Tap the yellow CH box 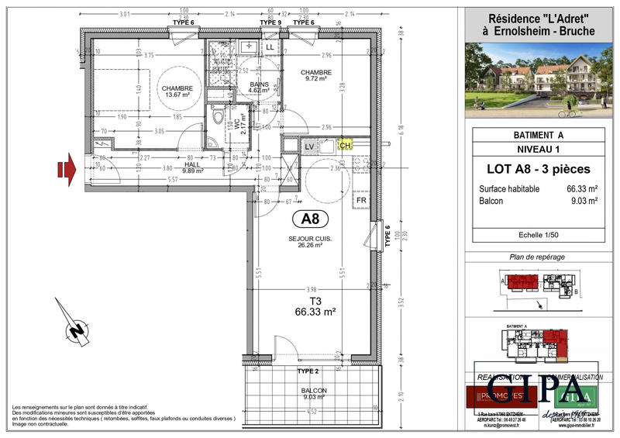click(x=346, y=145)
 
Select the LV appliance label click(x=309, y=146)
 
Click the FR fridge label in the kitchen click(x=361, y=200)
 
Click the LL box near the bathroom click(x=270, y=48)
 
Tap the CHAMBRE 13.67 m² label click(x=177, y=91)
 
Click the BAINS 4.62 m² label click(x=259, y=87)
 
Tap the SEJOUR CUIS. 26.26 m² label click(x=310, y=243)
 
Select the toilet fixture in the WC click(x=217, y=119)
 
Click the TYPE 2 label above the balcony click(x=308, y=371)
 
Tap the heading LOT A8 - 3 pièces click(x=538, y=169)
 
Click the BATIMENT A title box click(x=538, y=134)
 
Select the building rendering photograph click(x=538, y=79)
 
